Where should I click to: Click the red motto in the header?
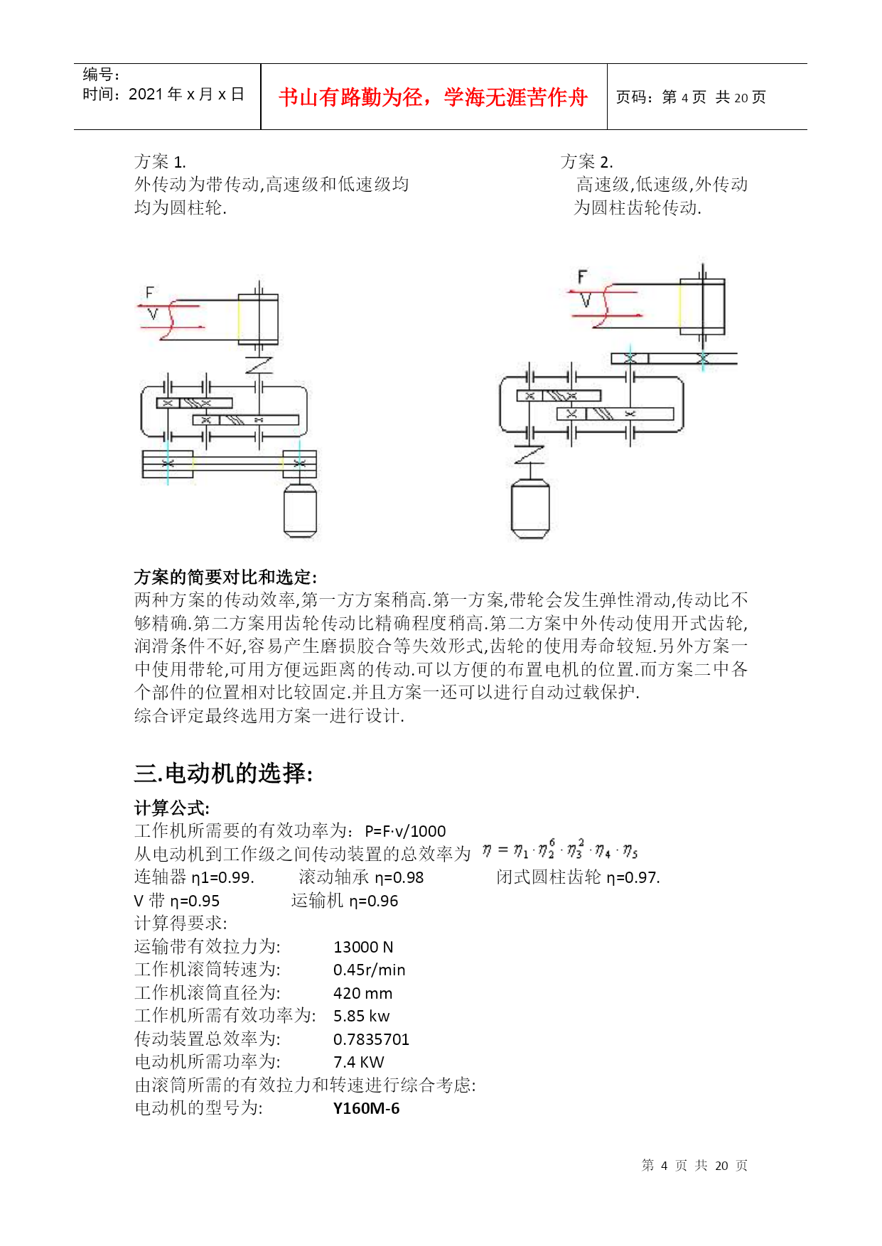tap(433, 97)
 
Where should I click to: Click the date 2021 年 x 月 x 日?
tap(186, 94)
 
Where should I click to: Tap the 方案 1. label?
tap(160, 162)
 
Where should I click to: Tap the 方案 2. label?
tap(586, 162)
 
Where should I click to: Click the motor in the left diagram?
tap(300, 510)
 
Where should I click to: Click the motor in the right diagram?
tap(530, 509)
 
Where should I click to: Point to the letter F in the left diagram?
tap(149, 292)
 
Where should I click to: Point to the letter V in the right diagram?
tap(585, 301)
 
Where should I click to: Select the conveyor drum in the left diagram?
tap(258, 319)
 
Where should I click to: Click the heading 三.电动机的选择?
tap(223, 773)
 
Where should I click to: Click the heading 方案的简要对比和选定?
tap(225, 577)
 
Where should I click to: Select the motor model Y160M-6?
tap(366, 1108)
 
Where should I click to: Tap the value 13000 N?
tap(362, 947)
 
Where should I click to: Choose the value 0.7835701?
tap(371, 1039)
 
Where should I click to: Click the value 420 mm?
tap(362, 993)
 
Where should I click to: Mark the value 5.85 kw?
tap(361, 1017)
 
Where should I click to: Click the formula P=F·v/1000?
tap(405, 831)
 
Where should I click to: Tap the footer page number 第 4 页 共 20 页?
tap(694, 1166)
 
